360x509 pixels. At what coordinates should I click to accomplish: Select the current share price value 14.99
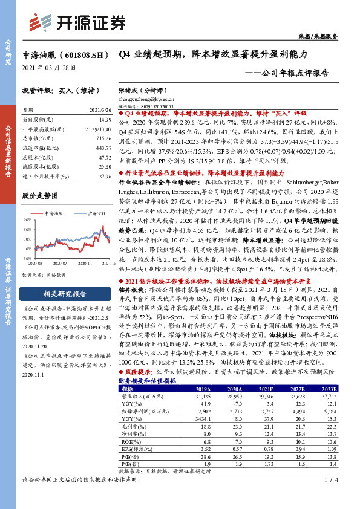[x=106, y=120]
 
